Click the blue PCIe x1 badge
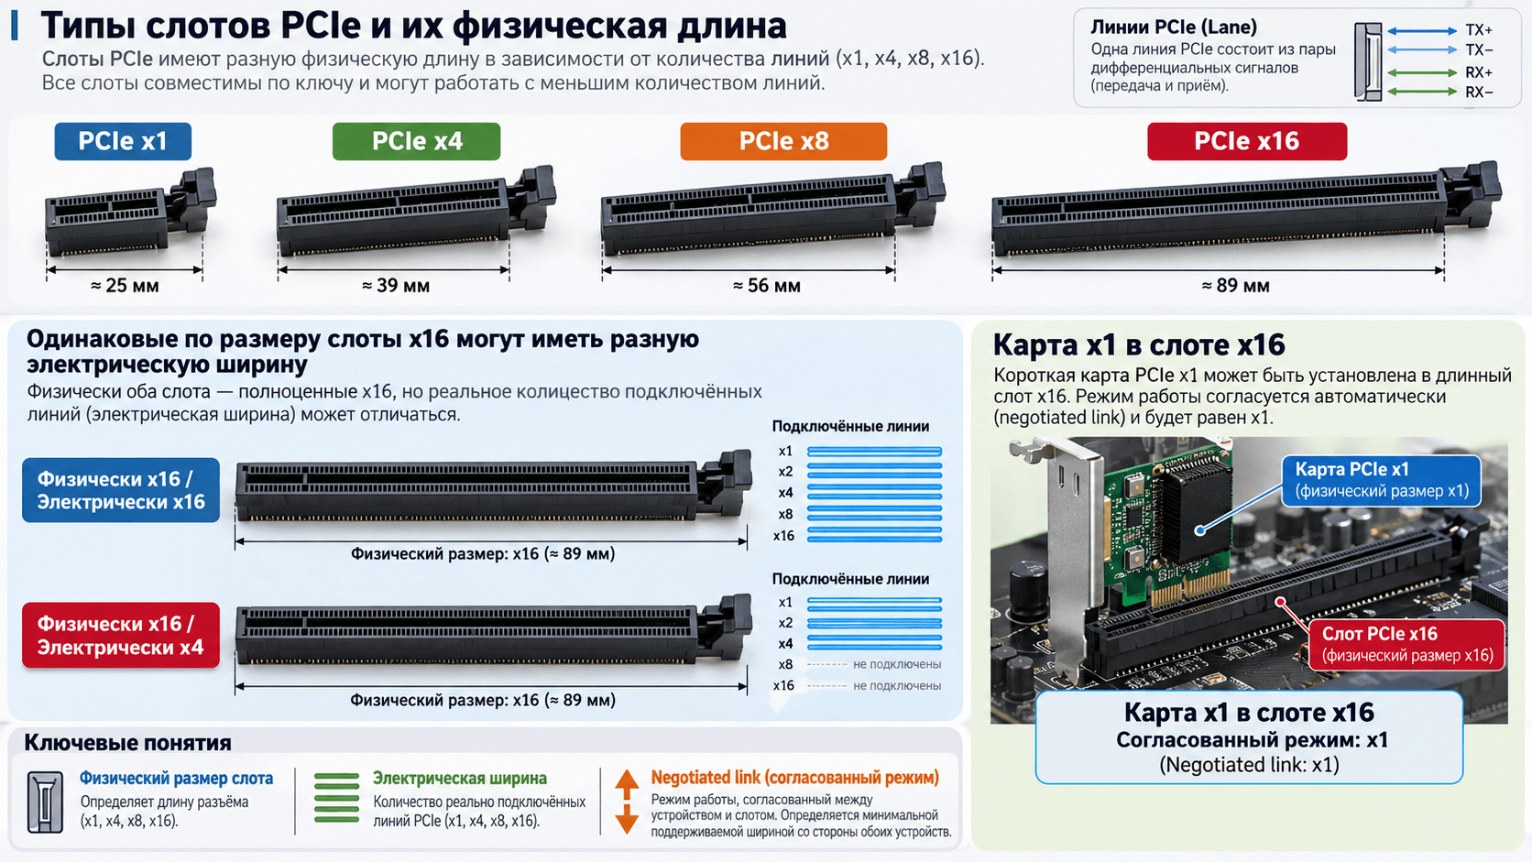pyautogui.click(x=123, y=141)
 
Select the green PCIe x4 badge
pyautogui.click(x=417, y=141)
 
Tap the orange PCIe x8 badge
pyautogui.click(x=783, y=141)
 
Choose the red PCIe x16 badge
pyautogui.click(x=1247, y=141)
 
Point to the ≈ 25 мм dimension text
pyautogui.click(x=125, y=286)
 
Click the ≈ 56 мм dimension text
pyautogui.click(x=767, y=286)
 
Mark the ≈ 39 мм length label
pyautogui.click(x=396, y=286)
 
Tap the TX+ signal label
pyautogui.click(x=1479, y=30)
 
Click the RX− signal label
pyautogui.click(x=1479, y=93)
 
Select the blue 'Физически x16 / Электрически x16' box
pyautogui.click(x=121, y=490)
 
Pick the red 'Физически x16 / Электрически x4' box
pyautogui.click(x=121, y=635)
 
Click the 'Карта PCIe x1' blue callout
pyautogui.click(x=1382, y=481)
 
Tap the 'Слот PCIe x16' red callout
pyautogui.click(x=1406, y=644)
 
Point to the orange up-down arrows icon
pyautogui.click(x=627, y=802)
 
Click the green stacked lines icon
pyautogui.click(x=336, y=798)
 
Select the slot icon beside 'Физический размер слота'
pyautogui.click(x=45, y=802)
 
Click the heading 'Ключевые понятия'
pyautogui.click(x=128, y=742)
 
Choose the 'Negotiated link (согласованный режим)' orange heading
pyautogui.click(x=794, y=778)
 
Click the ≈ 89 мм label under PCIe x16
pyautogui.click(x=1236, y=286)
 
